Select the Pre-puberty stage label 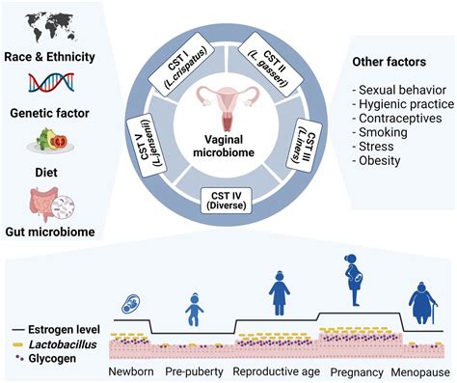point(196,371)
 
